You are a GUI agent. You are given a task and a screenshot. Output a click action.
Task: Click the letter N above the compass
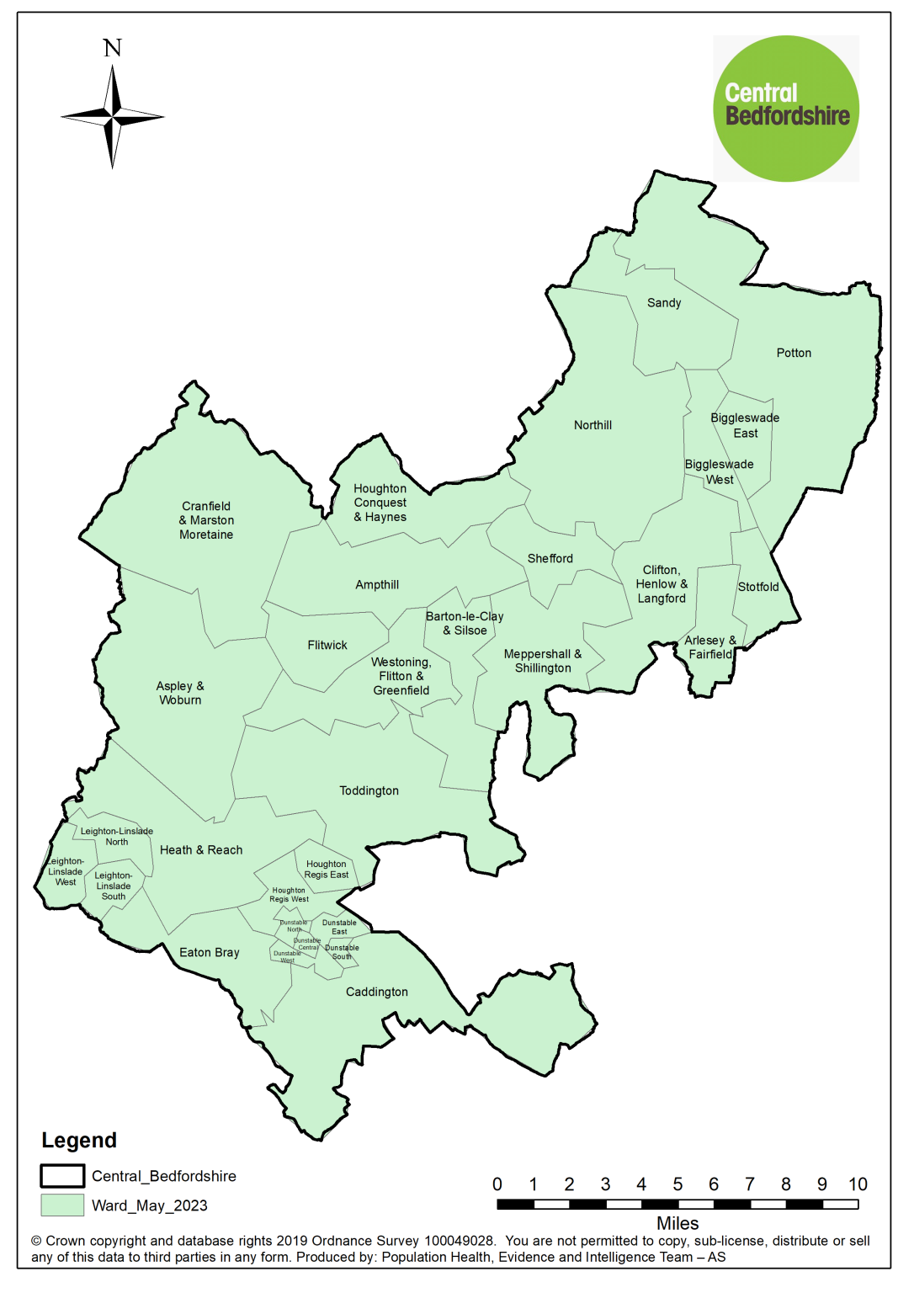pyautogui.click(x=113, y=48)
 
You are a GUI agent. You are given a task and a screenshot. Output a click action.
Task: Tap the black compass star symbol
pyautogui.click(x=113, y=117)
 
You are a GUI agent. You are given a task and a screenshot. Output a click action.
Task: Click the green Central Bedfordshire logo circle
pyautogui.click(x=786, y=109)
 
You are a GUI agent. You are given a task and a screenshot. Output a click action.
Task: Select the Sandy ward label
pyautogui.click(x=664, y=303)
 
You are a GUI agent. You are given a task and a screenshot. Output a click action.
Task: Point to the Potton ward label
pyautogui.click(x=794, y=354)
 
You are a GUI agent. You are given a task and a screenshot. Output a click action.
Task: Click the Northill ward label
pyautogui.click(x=593, y=425)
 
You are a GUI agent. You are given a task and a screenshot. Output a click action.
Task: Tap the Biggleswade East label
pyautogui.click(x=745, y=425)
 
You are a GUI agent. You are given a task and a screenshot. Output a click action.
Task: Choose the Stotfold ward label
pyautogui.click(x=758, y=587)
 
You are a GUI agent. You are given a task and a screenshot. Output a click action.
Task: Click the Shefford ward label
pyautogui.click(x=550, y=559)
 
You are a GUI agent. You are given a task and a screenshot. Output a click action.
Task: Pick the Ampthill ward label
pyautogui.click(x=377, y=585)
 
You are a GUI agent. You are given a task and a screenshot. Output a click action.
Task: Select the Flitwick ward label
pyautogui.click(x=327, y=646)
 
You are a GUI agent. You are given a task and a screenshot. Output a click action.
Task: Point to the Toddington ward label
pyautogui.click(x=369, y=791)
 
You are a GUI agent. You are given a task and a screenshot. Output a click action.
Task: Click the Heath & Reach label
pyautogui.click(x=201, y=850)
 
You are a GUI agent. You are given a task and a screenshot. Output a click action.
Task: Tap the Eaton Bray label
pyautogui.click(x=210, y=953)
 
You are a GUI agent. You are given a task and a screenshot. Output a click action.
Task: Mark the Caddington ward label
pyautogui.click(x=377, y=992)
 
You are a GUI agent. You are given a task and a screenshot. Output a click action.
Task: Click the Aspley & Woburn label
pyautogui.click(x=180, y=693)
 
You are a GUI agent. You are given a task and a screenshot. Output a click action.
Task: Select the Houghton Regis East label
pyautogui.click(x=327, y=870)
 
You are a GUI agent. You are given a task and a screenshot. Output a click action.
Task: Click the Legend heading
pyautogui.click(x=79, y=1141)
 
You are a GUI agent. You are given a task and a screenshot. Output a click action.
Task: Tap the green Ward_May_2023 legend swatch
pyautogui.click(x=62, y=1205)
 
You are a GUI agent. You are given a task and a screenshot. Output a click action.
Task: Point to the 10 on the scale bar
pyautogui.click(x=858, y=1184)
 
